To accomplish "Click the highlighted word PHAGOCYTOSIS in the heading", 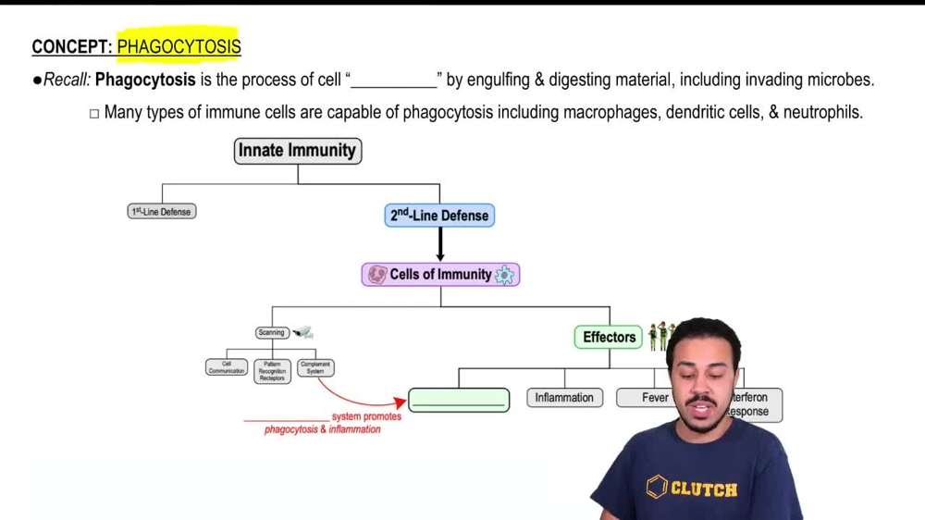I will [x=179, y=46].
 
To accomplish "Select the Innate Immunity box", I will [x=297, y=151].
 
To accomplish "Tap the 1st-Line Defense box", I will [x=162, y=212].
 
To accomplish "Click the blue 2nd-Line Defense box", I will [x=439, y=216].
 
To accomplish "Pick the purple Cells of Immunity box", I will [x=440, y=275].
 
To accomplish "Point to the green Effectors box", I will [x=610, y=338].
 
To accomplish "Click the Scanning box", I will [x=272, y=333].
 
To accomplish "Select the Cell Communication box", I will [x=227, y=368].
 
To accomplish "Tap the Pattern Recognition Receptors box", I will [x=272, y=371].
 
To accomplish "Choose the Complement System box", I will [x=315, y=368].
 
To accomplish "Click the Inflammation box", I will [x=564, y=398].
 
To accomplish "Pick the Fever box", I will [x=654, y=398].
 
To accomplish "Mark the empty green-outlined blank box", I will [x=459, y=401].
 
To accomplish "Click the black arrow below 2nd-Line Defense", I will [x=440, y=244].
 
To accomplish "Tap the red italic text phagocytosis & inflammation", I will [x=322, y=429].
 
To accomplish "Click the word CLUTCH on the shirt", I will [x=704, y=489].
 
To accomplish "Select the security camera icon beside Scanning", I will [x=303, y=332].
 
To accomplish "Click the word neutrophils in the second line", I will [x=821, y=112].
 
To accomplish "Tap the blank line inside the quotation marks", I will [x=393, y=80].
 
